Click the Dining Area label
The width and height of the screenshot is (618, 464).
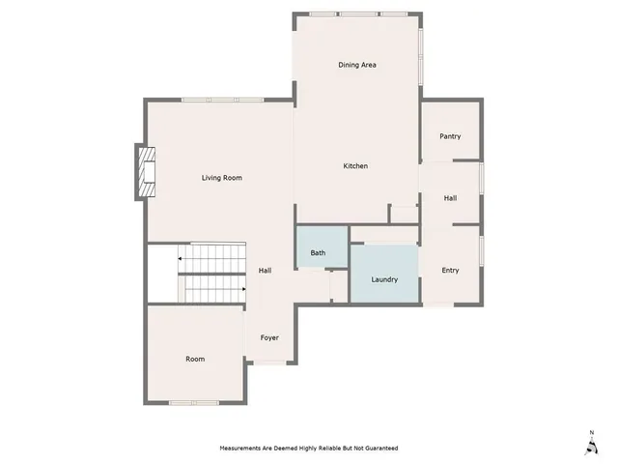tap(356, 65)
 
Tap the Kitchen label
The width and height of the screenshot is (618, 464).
tap(355, 166)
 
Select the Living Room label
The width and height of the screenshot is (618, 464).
tap(221, 178)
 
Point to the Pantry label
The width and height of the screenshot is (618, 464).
tap(450, 136)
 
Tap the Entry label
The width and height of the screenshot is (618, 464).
tap(450, 270)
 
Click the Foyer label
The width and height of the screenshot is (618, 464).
tap(268, 337)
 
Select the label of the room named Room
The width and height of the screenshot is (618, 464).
tap(195, 359)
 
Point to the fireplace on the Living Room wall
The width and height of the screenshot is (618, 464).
tap(146, 172)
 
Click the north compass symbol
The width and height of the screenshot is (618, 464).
tap(590, 444)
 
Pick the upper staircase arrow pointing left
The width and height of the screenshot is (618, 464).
tap(179, 259)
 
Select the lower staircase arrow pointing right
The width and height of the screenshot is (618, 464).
tap(243, 288)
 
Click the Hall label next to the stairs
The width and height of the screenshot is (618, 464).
tap(265, 271)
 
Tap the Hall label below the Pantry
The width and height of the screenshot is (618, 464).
tap(450, 197)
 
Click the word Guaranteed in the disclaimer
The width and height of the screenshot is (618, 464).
tap(377, 449)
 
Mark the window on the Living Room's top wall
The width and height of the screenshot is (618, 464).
tap(210, 100)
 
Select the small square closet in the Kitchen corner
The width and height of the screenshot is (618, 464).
tap(401, 215)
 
